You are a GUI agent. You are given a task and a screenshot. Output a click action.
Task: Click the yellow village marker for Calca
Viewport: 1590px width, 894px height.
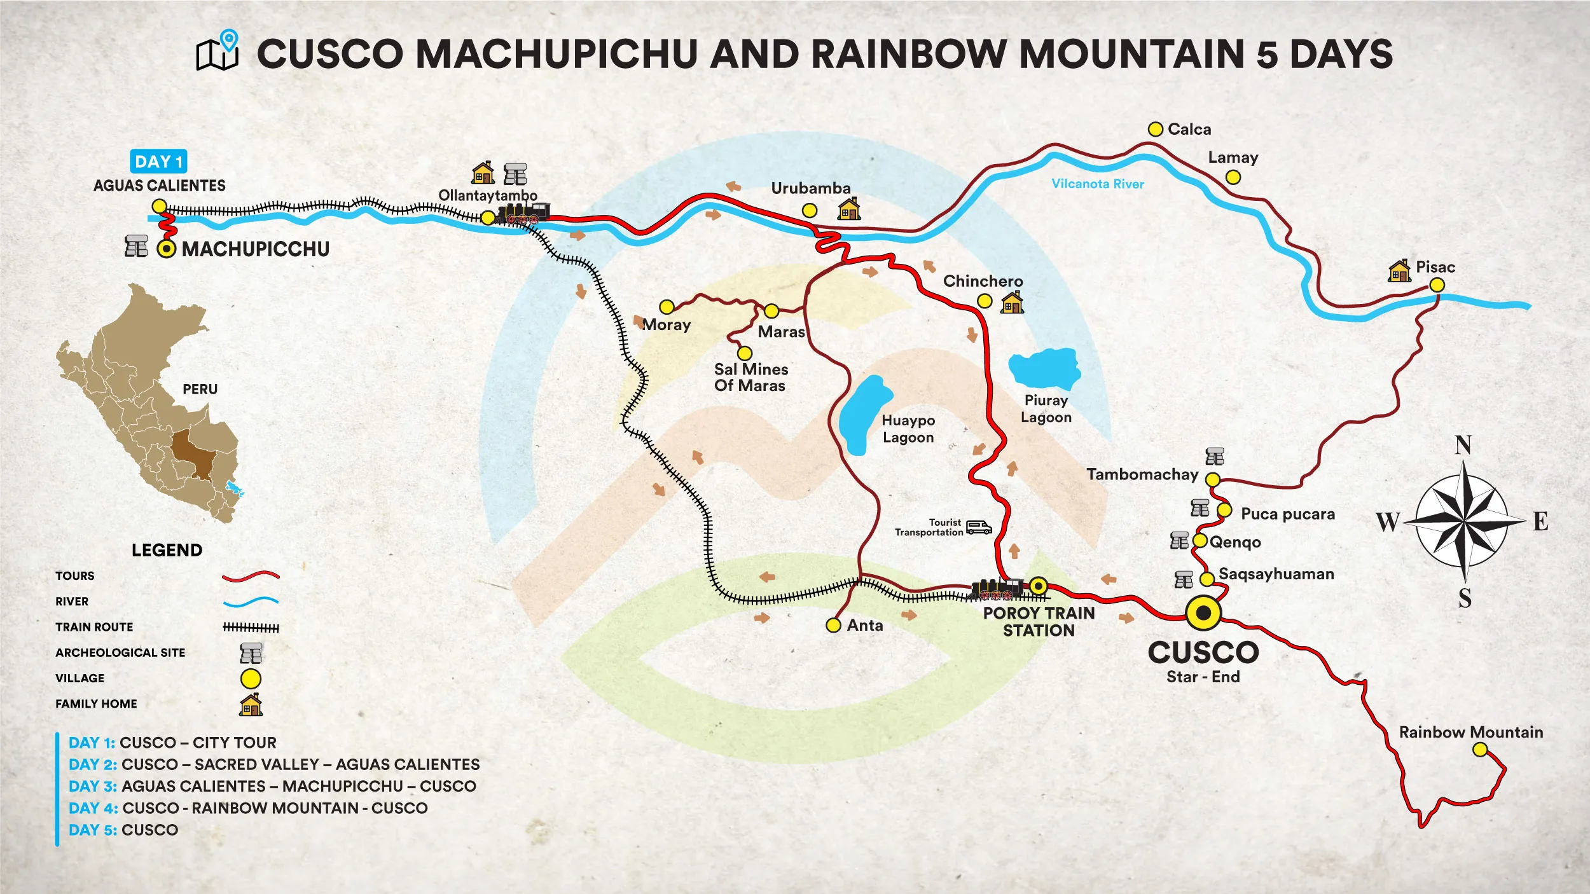coord(1156,129)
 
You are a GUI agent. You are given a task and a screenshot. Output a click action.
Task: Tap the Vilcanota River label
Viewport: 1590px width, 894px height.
coord(1097,184)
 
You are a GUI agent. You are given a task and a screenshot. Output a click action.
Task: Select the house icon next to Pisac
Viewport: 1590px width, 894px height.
coord(1399,271)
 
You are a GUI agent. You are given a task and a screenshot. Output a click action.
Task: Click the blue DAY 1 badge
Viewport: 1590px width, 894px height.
coord(158,162)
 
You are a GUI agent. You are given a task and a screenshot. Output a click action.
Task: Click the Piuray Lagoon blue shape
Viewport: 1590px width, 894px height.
coord(1044,368)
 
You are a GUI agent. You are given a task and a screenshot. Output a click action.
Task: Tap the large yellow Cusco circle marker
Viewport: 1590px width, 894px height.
coord(1203,613)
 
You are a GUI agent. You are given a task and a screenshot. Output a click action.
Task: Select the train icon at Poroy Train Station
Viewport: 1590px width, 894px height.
coord(997,589)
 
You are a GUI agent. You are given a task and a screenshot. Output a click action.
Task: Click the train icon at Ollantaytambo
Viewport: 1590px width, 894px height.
coord(523,214)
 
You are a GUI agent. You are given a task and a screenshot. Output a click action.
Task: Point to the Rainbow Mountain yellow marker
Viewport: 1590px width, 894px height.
coord(1480,750)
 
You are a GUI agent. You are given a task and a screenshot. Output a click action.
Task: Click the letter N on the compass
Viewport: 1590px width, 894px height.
coord(1463,445)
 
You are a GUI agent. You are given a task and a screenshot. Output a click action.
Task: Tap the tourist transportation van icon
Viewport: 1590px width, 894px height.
coord(979,527)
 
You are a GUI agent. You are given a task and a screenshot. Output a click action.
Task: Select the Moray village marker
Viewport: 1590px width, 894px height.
coord(667,307)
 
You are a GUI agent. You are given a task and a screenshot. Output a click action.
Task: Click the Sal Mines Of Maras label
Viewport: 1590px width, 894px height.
coord(750,378)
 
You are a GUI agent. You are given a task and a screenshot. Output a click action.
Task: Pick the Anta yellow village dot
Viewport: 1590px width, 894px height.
coord(833,626)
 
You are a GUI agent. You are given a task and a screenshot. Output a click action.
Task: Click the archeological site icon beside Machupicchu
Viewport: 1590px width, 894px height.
coord(136,246)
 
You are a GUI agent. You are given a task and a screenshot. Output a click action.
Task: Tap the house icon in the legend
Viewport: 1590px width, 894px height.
coord(251,705)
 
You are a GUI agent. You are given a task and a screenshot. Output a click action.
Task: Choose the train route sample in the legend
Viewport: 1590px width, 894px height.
coord(251,628)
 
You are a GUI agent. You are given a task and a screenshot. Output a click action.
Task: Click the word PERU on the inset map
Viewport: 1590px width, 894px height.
coord(200,389)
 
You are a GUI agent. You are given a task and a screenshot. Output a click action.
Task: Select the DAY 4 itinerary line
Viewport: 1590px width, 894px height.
coord(248,808)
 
